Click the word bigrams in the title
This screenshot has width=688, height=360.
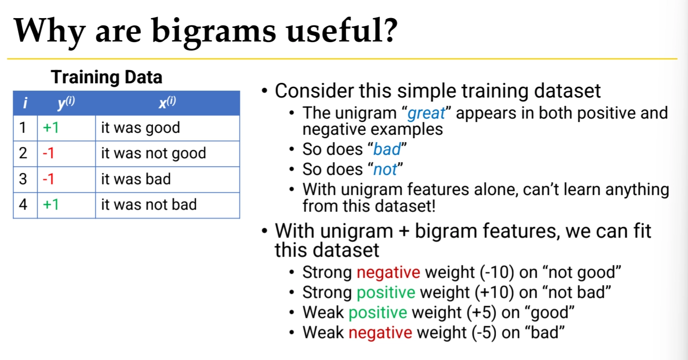coord(214,32)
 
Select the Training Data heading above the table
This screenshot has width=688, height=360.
coord(107,77)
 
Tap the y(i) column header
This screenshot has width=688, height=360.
coord(66,102)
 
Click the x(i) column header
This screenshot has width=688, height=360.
coord(167,102)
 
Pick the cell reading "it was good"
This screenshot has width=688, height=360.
coord(167,128)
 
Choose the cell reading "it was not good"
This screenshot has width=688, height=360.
coord(167,154)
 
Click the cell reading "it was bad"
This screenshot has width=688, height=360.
coord(167,179)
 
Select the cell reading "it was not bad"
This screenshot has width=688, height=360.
coord(167,205)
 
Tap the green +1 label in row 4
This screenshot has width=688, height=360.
coord(50,205)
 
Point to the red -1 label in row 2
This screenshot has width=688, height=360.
coord(48,153)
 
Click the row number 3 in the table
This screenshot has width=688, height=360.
coord(23,179)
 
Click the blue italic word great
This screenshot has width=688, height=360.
coord(426,114)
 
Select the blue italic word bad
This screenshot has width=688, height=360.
coord(387,149)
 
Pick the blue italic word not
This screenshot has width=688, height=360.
coord(385,169)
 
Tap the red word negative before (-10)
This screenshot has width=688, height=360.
coord(388,273)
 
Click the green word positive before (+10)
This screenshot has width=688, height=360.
coord(386,292)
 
